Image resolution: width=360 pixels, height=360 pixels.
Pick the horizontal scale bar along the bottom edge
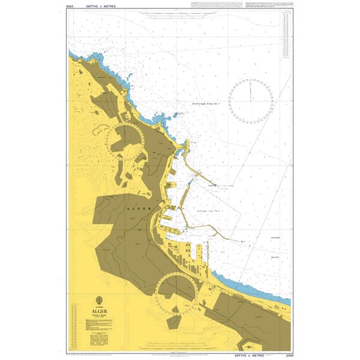(180, 349)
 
